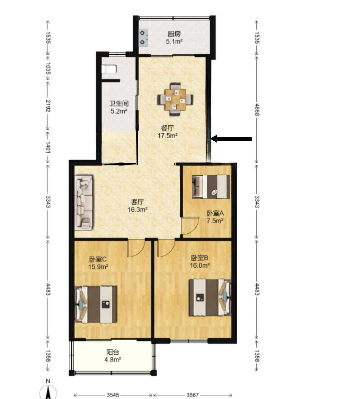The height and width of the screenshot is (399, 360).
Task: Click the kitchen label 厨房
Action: [x=174, y=34]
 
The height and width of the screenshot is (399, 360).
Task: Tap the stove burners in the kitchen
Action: [x=143, y=37]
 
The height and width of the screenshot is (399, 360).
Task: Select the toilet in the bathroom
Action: [x=109, y=69]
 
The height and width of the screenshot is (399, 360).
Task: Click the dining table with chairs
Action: [x=175, y=99]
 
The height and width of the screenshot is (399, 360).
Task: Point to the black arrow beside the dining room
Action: [x=231, y=139]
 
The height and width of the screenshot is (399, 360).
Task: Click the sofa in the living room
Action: [x=84, y=202]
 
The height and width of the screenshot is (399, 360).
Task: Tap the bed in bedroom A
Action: [x=211, y=187]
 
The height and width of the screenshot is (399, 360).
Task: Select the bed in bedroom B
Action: [x=210, y=297]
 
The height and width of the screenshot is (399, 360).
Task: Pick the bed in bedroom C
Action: [x=96, y=304]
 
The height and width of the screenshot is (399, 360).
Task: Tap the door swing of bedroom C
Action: [x=136, y=248]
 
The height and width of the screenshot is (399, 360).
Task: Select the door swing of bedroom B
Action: [x=166, y=248]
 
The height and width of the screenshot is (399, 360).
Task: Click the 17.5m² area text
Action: [x=167, y=136]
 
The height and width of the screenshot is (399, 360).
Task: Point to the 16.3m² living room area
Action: [x=137, y=210]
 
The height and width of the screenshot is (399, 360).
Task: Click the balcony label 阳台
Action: [x=112, y=352]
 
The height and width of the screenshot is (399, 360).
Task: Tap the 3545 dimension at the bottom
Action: [x=113, y=395]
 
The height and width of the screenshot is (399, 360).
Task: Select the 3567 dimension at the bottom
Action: [x=193, y=395]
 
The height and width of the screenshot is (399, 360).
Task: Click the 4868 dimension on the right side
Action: [x=257, y=110]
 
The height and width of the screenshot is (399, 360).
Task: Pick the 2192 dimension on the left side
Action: [x=48, y=106]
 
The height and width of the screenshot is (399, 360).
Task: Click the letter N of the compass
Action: [x=48, y=381]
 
